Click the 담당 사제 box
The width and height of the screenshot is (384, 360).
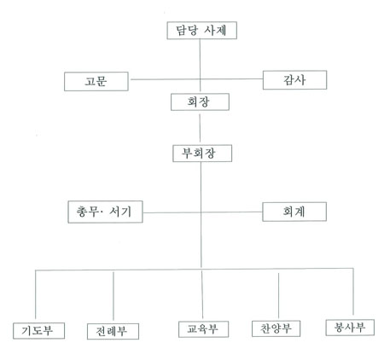pos(201,31)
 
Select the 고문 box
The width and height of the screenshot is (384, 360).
pos(96,81)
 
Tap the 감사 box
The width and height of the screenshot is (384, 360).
pos(294,80)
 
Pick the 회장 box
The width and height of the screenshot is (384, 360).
pos(200,102)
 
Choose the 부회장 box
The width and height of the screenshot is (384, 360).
pos(202,154)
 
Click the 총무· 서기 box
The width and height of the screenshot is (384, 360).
pos(105,212)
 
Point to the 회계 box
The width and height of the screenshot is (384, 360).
pos(294,212)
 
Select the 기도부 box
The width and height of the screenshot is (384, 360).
pos(38,331)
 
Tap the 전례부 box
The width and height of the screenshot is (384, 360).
pos(113,331)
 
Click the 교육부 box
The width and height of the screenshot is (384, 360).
pos(203,329)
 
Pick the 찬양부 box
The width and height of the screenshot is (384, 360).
pos(276,328)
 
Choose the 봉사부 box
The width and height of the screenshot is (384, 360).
pos(350,328)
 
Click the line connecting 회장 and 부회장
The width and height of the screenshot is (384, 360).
pos(200,128)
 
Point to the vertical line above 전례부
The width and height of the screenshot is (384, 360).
pos(113,296)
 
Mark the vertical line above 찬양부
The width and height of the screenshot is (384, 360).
pos(278,296)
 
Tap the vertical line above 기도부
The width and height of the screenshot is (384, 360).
pos(35,294)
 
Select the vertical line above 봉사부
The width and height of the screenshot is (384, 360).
pos(353,292)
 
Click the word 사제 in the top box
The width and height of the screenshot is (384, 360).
pos(215,31)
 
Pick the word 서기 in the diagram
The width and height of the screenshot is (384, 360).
pos(120,212)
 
